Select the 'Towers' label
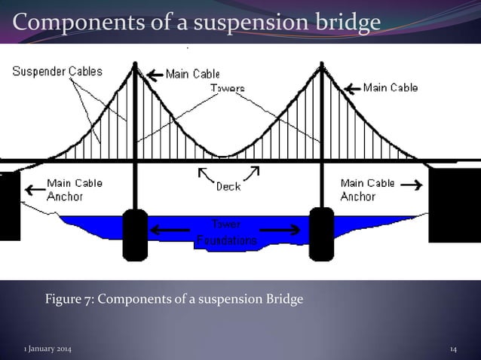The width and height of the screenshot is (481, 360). pos(227,88)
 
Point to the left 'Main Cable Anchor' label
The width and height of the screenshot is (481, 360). pos(74,190)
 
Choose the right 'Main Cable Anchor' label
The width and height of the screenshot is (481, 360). pos(368,190)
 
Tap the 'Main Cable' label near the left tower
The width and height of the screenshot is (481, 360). pos(194,74)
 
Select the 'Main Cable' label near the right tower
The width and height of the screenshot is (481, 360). pos(391,87)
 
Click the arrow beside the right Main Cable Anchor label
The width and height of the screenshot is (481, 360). pos(412,183)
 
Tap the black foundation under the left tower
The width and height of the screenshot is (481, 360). pos(135,234)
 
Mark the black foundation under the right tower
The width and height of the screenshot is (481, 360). pos(321,233)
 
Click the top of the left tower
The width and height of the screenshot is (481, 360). pos(135,66)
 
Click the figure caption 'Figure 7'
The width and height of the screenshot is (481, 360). pos(174,300)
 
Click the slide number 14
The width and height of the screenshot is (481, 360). pos(453,349)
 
